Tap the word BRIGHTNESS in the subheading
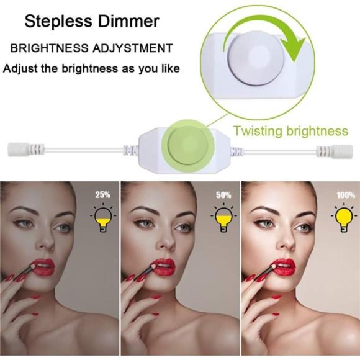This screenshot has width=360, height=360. pos(50,48)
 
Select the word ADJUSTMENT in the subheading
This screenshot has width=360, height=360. pos(133,48)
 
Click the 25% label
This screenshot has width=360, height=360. pos(103,195)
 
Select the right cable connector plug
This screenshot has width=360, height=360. pos(335,151)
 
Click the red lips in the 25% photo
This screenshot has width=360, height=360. pos(43,268)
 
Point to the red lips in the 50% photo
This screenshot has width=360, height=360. pos(163,268)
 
